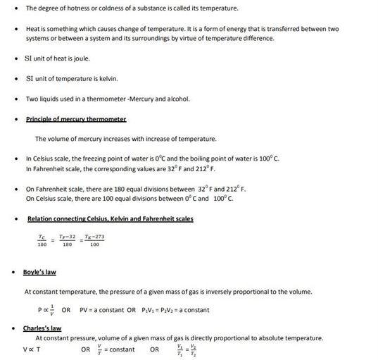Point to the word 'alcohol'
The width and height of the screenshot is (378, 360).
[x=177, y=99]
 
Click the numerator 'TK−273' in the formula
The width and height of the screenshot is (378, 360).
[x=94, y=237]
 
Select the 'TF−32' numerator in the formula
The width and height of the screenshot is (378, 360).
[x=67, y=237]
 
